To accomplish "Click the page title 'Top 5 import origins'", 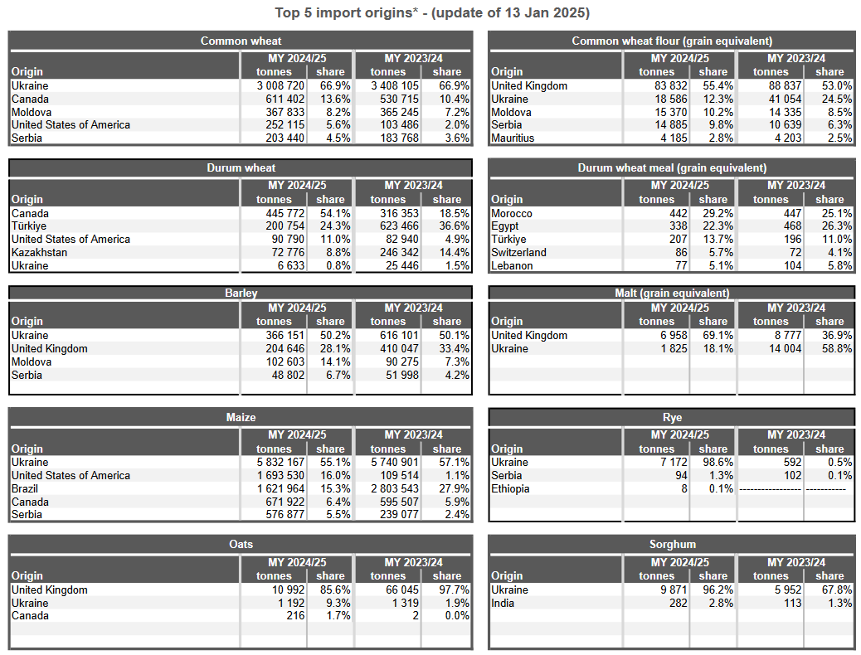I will click(431, 13).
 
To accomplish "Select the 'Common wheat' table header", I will click(241, 41).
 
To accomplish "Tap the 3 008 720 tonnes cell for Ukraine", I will click(280, 85).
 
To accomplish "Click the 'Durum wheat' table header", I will click(241, 167).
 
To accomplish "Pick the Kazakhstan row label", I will click(40, 252).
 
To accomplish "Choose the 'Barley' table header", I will click(241, 293).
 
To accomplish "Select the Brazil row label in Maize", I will click(27, 488).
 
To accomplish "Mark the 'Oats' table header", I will click(241, 544).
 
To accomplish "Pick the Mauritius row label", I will click(513, 138).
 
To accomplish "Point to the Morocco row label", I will click(512, 213).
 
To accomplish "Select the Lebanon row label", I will click(512, 265).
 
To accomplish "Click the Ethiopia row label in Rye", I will click(510, 488).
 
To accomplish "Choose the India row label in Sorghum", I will click(503, 603).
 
